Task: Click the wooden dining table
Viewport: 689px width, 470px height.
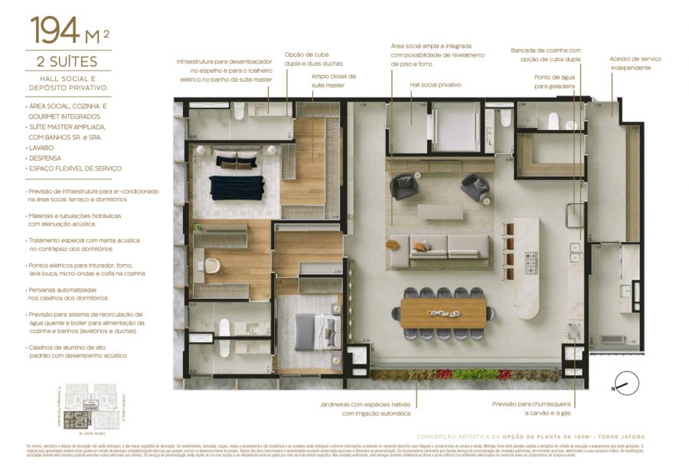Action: pyautogui.click(x=442, y=312)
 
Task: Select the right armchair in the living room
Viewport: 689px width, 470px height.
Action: pyautogui.click(x=474, y=187)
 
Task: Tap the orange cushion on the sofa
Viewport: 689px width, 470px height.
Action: pyautogui.click(x=420, y=246)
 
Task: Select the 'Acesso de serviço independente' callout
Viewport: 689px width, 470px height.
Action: pyautogui.click(x=635, y=63)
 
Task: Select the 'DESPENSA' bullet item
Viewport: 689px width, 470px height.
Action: pyautogui.click(x=47, y=157)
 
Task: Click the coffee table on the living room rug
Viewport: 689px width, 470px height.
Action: pyautogui.click(x=439, y=211)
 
